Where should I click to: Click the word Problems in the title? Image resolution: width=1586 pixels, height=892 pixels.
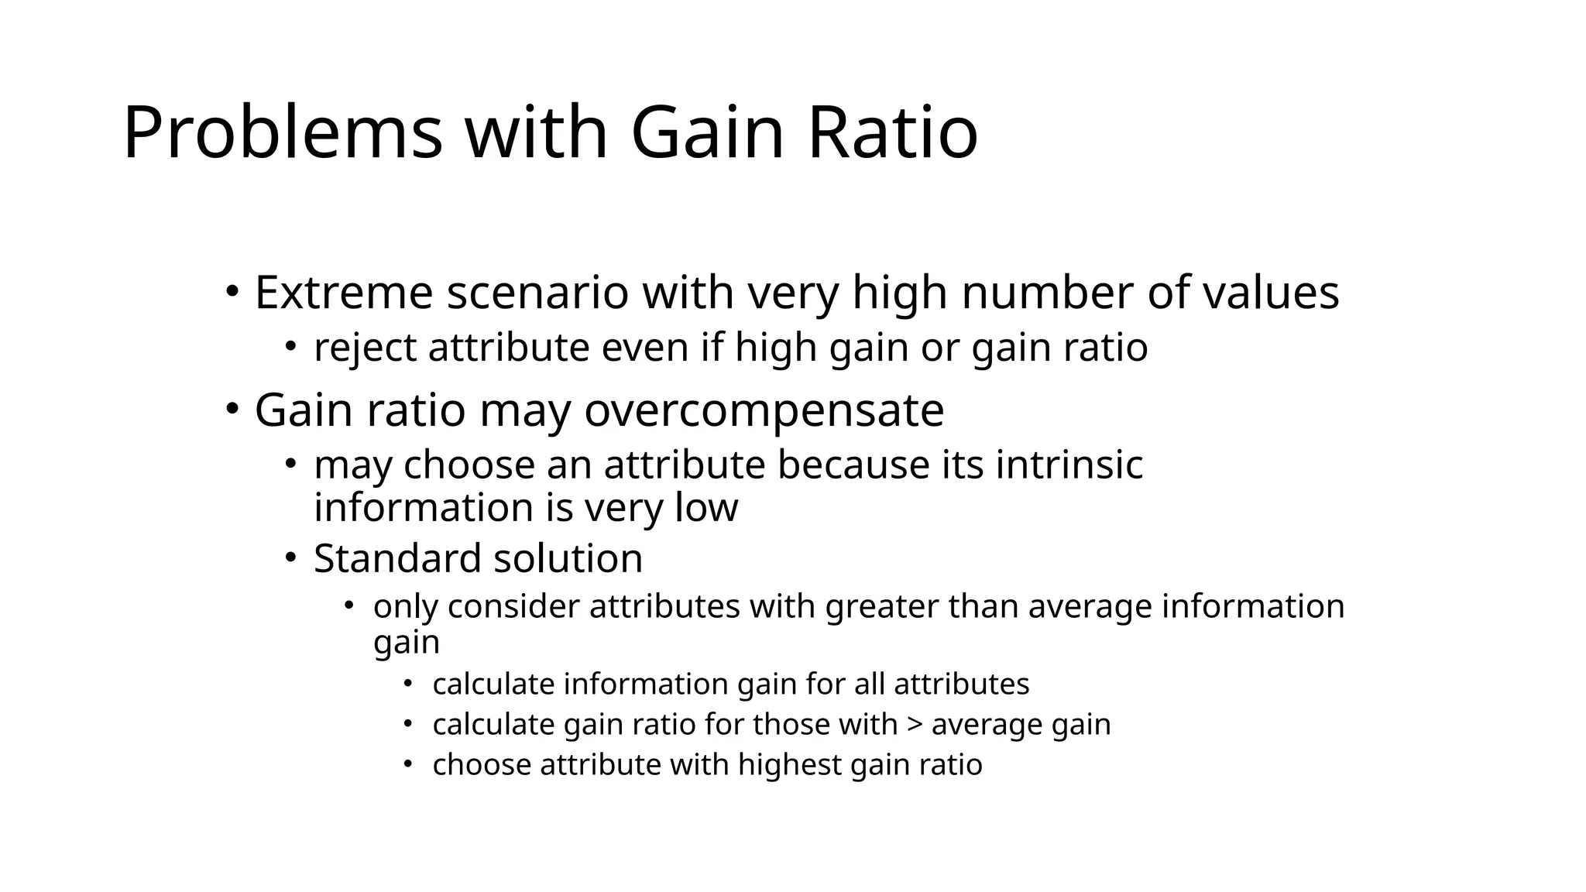(x=283, y=133)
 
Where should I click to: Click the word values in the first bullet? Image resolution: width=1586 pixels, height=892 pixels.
(x=1271, y=293)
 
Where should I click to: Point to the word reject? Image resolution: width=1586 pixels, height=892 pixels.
(x=365, y=348)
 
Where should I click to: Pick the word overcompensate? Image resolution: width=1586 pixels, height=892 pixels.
(x=764, y=410)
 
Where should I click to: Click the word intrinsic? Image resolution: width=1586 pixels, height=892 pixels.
(x=1069, y=465)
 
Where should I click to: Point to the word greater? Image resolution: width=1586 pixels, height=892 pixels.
(x=881, y=606)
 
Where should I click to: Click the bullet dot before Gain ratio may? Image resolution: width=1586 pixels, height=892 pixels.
(x=232, y=409)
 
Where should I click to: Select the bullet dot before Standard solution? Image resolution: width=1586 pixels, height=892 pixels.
(x=290, y=557)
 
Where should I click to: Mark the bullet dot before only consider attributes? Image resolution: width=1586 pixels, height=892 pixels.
(x=350, y=606)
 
